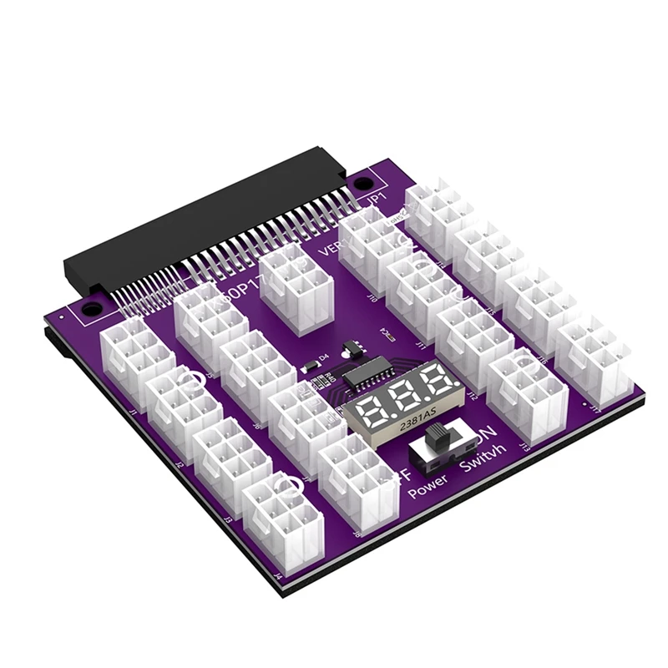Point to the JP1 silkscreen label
coord(377,201)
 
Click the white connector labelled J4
coord(282,519)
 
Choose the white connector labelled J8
coord(357,475)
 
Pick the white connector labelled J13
coord(527,393)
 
